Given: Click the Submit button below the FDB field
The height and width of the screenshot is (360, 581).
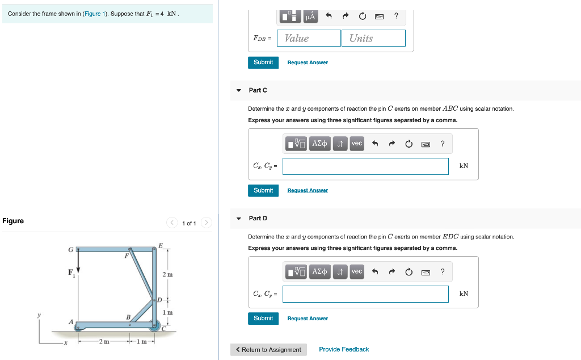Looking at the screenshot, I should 263,62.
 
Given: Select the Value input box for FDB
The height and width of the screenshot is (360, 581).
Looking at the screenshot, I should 309,38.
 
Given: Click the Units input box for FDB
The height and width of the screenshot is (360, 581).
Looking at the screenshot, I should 373,38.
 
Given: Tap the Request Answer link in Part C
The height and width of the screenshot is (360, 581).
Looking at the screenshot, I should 307,191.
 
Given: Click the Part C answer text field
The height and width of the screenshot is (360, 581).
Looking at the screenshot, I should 365,166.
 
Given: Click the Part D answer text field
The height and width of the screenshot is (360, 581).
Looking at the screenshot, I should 365,294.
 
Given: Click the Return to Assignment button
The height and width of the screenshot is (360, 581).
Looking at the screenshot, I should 268,350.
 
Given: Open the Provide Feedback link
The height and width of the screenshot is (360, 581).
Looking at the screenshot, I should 344,350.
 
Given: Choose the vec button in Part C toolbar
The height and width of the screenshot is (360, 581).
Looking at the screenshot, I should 357,144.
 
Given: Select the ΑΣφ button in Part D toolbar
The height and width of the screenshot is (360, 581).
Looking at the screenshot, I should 320,272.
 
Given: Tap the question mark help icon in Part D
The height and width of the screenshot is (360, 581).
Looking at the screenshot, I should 443,272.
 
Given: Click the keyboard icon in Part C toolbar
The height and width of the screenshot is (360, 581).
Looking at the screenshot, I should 426,144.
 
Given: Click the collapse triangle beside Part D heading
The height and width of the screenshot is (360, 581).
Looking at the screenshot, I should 239,219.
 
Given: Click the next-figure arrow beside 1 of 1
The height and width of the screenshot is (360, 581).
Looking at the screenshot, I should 207,223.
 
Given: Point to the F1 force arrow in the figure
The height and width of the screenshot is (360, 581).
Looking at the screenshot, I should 78,262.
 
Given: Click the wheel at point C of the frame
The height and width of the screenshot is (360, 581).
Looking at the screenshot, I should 154,326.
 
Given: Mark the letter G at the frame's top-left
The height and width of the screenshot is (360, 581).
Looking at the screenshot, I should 70,249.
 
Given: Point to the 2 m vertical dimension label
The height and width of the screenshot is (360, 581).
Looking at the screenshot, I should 167,275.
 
